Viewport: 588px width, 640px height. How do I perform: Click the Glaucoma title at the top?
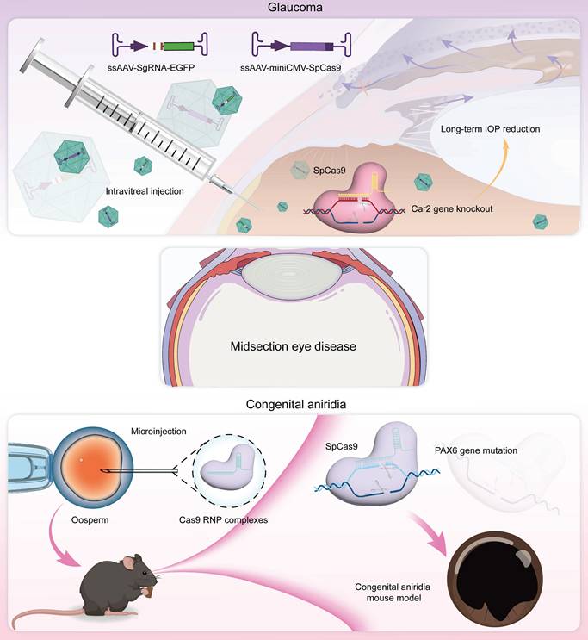(x=294, y=8)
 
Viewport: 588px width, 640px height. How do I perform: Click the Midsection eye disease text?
(x=294, y=347)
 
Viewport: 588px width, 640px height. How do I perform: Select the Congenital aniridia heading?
(x=294, y=401)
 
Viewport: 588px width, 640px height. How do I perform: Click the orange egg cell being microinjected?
(x=84, y=469)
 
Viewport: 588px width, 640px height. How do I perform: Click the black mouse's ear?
(x=129, y=562)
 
